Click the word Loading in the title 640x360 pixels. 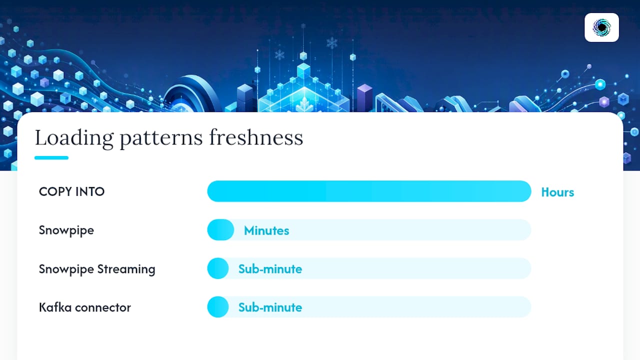tap(74, 138)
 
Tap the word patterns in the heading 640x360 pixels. tap(161, 139)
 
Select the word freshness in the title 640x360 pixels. tap(256, 137)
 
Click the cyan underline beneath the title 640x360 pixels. tap(51, 157)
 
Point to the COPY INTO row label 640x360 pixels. tap(71, 191)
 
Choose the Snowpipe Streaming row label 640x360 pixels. tap(97, 269)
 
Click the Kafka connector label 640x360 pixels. tap(85, 307)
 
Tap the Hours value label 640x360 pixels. tap(557, 192)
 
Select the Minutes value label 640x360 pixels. tap(266, 230)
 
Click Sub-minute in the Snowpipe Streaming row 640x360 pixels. tap(270, 269)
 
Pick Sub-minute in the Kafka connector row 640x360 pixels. tap(270, 307)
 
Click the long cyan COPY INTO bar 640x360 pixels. tap(369, 191)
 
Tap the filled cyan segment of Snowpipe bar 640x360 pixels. tap(220, 229)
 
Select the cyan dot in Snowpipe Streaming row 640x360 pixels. tap(218, 268)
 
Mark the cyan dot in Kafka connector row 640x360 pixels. tap(218, 307)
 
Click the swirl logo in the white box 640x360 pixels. tap(601, 27)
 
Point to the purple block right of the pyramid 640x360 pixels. tap(364, 97)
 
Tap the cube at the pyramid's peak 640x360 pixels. tap(303, 70)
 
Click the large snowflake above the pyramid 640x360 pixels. tap(331, 43)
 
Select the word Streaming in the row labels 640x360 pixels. tap(126, 269)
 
